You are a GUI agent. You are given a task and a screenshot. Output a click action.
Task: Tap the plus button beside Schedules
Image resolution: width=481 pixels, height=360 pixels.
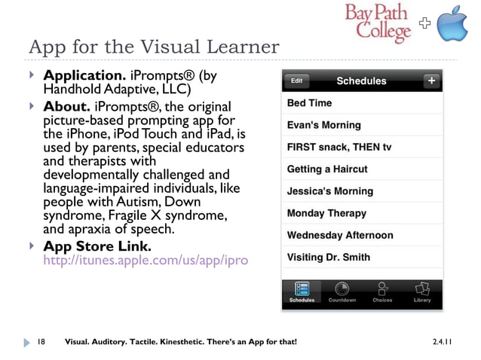click(x=431, y=81)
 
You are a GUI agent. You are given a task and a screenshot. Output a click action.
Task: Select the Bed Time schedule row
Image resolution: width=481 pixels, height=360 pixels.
click(x=361, y=103)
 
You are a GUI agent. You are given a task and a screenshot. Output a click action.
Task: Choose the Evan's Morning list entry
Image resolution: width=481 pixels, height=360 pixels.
click(x=361, y=125)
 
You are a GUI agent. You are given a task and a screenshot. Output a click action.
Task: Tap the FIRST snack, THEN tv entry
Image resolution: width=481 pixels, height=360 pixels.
click(x=361, y=147)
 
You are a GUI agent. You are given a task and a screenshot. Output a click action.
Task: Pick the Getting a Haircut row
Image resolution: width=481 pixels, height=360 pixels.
click(x=361, y=169)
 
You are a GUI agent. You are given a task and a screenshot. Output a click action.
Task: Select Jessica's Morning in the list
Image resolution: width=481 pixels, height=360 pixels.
click(x=361, y=191)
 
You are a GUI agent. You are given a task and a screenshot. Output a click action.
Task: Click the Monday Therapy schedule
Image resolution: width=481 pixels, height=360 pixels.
click(x=361, y=213)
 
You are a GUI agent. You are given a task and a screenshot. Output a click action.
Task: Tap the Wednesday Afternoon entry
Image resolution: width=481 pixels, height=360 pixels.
click(x=361, y=235)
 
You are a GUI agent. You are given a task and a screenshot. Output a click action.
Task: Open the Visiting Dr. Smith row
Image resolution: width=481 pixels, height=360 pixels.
click(x=361, y=258)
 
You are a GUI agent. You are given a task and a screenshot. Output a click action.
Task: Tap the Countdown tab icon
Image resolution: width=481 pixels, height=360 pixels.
click(x=342, y=291)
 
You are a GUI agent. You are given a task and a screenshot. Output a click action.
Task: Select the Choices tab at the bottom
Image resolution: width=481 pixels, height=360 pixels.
click(x=382, y=291)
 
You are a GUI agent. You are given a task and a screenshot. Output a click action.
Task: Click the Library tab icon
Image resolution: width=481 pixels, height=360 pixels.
click(x=422, y=291)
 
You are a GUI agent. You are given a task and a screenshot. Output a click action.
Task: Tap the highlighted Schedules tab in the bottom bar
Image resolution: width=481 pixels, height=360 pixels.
click(x=302, y=291)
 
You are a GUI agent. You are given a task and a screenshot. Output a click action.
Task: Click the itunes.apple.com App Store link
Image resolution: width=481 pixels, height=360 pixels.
click(x=146, y=261)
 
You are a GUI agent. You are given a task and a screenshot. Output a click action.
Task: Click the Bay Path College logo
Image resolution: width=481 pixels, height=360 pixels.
click(x=379, y=23)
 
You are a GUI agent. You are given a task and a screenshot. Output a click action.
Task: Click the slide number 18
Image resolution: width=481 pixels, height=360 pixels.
click(x=41, y=342)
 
